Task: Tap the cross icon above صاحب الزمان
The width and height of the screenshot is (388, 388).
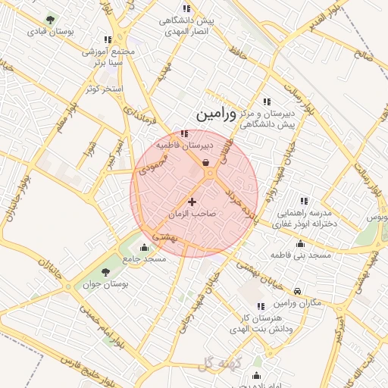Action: (191, 202)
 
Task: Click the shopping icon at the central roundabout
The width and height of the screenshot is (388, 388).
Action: (206, 161)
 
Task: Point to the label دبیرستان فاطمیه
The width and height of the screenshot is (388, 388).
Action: (186, 144)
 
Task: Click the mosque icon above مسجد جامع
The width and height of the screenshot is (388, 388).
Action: (144, 246)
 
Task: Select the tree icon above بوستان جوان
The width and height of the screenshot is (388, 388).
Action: (105, 272)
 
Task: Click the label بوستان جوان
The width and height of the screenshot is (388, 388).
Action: (106, 284)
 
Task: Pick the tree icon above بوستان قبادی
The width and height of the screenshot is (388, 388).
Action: (50, 20)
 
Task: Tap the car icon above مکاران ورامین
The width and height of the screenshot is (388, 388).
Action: (298, 291)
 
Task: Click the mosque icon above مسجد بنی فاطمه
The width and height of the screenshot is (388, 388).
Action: (301, 244)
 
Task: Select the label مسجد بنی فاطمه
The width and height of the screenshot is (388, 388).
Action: (302, 256)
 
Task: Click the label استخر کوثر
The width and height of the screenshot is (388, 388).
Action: (103, 89)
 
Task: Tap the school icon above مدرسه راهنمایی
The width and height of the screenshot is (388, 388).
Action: (304, 201)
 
